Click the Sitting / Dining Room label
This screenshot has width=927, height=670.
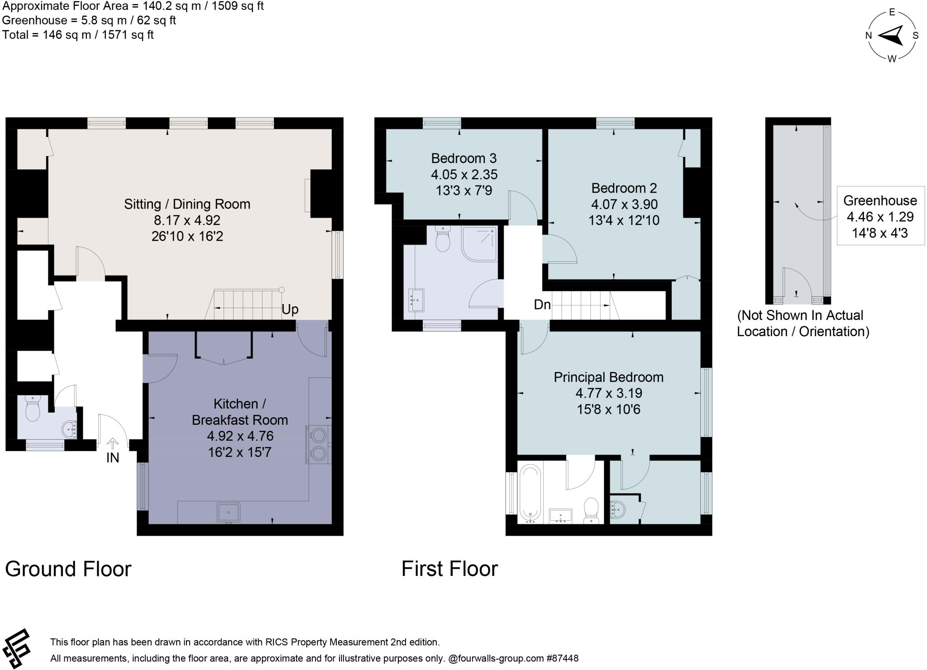pos(187,204)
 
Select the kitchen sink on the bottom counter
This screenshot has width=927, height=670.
pos(229,513)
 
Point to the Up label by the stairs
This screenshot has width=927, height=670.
pos(290,309)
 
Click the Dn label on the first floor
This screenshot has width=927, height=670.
pos(542,304)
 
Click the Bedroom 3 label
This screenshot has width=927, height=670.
pos(463,158)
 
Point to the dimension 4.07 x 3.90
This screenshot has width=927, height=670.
pos(624,204)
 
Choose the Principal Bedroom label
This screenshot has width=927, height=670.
pos(608,377)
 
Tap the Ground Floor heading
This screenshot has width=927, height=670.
pos(68,569)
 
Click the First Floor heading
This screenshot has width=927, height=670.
pos(449,569)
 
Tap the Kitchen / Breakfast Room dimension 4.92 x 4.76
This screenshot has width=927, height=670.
pos(240,436)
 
